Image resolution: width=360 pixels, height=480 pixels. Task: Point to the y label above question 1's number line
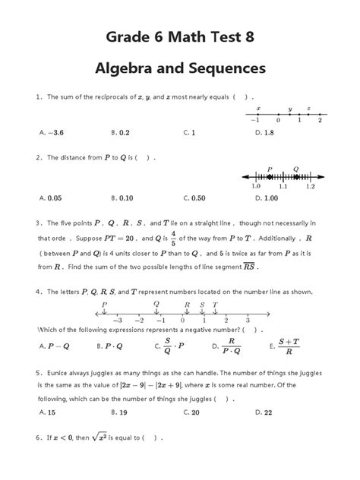289,108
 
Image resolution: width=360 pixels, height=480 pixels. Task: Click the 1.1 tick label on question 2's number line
283,185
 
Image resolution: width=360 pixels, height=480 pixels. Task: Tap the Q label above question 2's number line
295,169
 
